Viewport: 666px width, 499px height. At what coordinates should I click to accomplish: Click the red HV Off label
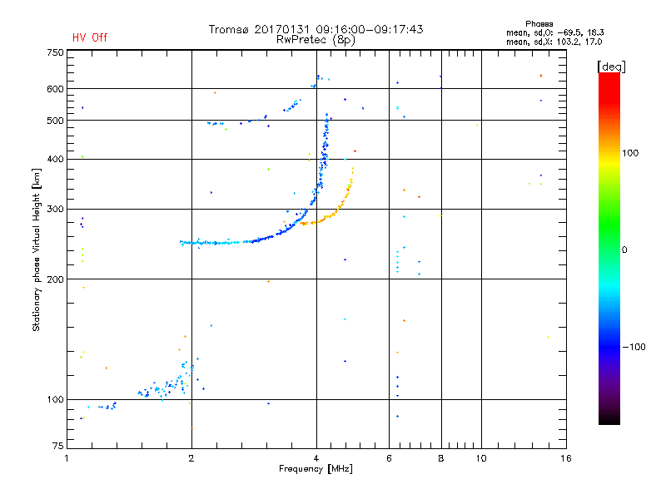90,37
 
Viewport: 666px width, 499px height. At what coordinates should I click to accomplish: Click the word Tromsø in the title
228,29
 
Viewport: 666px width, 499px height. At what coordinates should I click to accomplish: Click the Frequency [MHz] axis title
316,470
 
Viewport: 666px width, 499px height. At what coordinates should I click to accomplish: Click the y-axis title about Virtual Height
37,249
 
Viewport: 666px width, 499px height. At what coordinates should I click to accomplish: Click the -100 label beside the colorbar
635,347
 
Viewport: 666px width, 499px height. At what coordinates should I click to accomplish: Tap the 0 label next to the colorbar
624,249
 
